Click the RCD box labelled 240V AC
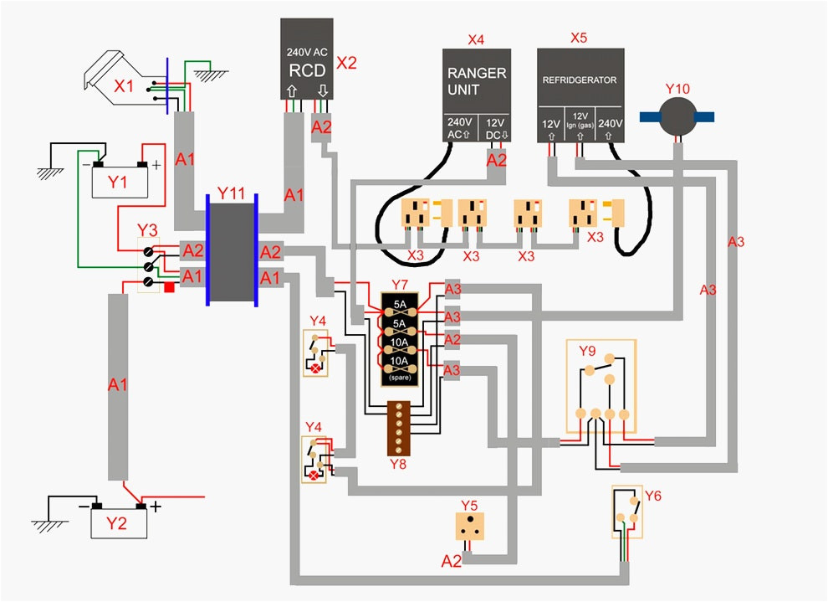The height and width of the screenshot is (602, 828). [307, 59]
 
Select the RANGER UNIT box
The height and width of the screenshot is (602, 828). [477, 95]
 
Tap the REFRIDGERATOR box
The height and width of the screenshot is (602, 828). [581, 95]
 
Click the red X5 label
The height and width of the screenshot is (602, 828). [579, 38]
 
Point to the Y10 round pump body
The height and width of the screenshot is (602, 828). [677, 117]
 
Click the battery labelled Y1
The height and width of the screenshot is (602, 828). [120, 180]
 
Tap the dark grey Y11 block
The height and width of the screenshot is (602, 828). [233, 252]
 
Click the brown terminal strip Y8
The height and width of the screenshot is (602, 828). [399, 429]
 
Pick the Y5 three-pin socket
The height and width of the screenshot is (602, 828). [470, 526]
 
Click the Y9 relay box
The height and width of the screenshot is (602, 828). [601, 386]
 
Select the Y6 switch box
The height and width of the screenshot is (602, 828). [627, 512]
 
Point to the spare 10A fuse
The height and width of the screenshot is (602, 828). [400, 368]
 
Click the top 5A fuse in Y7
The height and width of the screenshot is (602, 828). [400, 309]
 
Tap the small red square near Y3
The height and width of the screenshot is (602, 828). [170, 287]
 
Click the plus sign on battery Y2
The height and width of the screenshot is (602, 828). [156, 507]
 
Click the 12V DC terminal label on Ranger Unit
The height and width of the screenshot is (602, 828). [494, 129]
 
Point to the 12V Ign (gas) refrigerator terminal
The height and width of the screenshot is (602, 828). [580, 121]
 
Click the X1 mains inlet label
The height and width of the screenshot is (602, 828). [124, 85]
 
